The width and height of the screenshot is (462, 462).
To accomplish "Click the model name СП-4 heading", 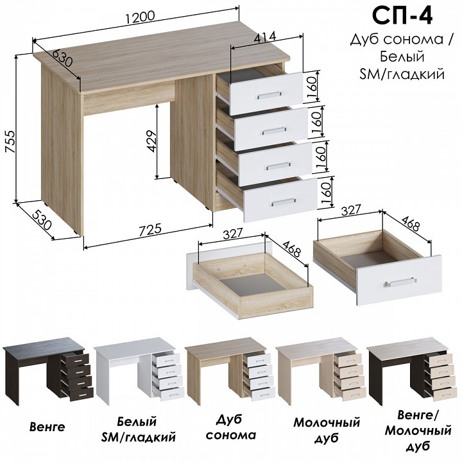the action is (x=402, y=17).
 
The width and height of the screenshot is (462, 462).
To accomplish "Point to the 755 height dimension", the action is (x=10, y=141).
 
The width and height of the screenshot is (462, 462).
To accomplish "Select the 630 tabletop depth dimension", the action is (x=62, y=58).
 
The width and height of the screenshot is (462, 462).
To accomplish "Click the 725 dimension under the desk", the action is (x=150, y=230).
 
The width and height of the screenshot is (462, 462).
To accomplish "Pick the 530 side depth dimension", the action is (x=42, y=220).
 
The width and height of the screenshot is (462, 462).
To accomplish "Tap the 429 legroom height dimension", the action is (x=151, y=141).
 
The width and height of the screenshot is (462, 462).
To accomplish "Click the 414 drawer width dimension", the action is (x=265, y=37).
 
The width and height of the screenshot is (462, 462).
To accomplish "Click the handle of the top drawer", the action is (x=268, y=95).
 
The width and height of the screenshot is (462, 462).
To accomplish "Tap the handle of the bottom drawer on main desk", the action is (x=283, y=202).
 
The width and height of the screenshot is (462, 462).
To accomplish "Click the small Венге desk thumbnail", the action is (x=47, y=372).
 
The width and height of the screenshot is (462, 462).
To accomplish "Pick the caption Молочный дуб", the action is (x=327, y=430).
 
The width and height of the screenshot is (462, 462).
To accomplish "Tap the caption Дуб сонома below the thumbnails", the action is (x=231, y=427).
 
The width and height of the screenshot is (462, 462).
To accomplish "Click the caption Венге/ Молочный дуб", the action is (x=418, y=431).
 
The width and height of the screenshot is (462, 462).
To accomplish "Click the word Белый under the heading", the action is (x=402, y=56).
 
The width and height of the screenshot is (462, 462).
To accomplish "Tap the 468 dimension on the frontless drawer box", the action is (x=292, y=248).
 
